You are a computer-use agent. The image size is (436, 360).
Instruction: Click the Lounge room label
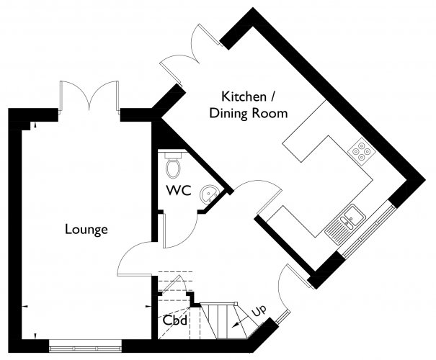pos(86,230)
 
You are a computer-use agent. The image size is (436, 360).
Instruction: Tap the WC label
pos(179,190)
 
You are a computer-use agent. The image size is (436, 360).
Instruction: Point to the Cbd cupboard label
pos(174,320)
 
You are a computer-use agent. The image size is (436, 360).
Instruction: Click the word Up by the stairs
pos(259,310)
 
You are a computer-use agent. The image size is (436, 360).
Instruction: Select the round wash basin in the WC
pos(210,193)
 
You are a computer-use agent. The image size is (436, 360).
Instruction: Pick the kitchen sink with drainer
pos(344,225)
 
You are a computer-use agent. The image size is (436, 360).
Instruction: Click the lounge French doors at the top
pos(89,96)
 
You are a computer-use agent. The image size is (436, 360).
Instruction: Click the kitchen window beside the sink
pos(368,230)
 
